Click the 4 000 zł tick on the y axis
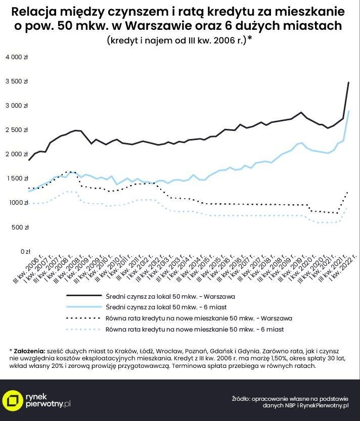(x=17, y=57)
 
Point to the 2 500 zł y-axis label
(x=17, y=130)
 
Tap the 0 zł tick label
(x=25, y=251)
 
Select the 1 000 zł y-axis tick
(x=17, y=203)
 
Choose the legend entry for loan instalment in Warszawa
(x=199, y=318)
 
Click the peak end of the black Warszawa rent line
(x=348, y=82)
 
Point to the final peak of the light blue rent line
(x=348, y=111)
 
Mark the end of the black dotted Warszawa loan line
(x=348, y=192)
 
